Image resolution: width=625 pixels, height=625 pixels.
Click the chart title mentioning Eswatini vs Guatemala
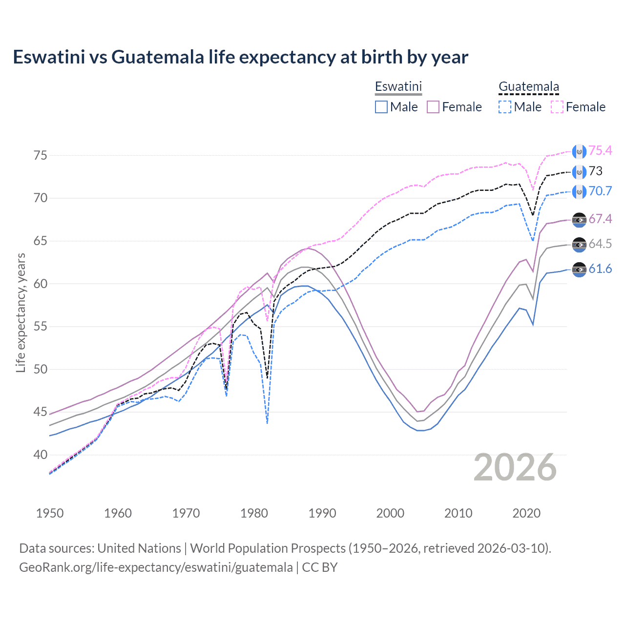click(x=240, y=57)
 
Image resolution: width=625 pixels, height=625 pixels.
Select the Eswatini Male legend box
click(x=381, y=107)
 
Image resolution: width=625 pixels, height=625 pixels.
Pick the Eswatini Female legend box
click(x=433, y=107)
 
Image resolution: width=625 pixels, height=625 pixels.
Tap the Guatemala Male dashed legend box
click(x=505, y=107)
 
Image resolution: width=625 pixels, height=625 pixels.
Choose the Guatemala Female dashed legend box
click(x=557, y=107)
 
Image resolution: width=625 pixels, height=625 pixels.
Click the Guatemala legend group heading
click(x=528, y=87)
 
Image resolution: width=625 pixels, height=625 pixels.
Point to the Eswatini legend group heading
click(x=398, y=87)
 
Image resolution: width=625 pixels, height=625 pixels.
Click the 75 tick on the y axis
click(x=41, y=155)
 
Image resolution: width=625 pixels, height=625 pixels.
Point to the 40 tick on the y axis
click(x=41, y=455)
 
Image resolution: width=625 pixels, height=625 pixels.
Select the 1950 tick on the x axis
click(x=50, y=513)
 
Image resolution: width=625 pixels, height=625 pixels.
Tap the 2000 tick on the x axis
click(x=390, y=513)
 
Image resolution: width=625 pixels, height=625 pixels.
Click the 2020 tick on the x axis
click(x=526, y=513)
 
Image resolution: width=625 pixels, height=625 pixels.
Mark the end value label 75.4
click(x=600, y=151)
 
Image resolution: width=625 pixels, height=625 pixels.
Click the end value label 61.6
click(x=600, y=269)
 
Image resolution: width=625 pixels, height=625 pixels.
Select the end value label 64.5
click(x=600, y=244)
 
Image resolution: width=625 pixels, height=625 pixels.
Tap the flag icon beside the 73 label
click(x=579, y=172)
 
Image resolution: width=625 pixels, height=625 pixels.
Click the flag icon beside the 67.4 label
click(x=579, y=220)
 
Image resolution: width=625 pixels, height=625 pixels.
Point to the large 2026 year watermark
click(x=515, y=467)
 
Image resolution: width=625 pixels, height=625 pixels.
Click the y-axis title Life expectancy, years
click(x=21, y=312)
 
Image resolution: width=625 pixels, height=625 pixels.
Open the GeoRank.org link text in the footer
click(x=156, y=567)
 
